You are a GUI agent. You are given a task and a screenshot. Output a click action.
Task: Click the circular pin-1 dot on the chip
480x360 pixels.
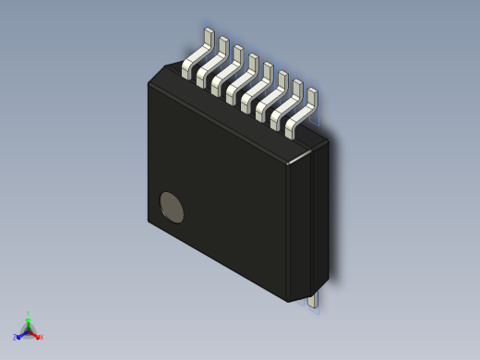172,209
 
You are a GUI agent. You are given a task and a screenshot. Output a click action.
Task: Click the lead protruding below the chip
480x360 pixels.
314,299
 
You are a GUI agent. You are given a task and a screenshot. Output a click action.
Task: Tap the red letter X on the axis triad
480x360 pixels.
41,337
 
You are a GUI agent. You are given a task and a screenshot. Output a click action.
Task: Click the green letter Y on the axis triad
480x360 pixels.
29,315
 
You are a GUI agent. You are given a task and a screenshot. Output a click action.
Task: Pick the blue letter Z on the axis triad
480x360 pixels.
15,338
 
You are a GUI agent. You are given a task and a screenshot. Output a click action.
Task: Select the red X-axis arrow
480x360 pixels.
35,334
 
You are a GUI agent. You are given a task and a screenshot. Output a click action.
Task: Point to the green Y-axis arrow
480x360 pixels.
29,323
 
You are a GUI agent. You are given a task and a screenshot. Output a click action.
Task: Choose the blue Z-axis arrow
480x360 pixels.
21,335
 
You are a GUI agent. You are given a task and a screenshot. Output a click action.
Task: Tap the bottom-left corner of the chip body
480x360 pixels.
150,221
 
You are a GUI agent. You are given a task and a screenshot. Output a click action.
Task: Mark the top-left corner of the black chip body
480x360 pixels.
150,82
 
